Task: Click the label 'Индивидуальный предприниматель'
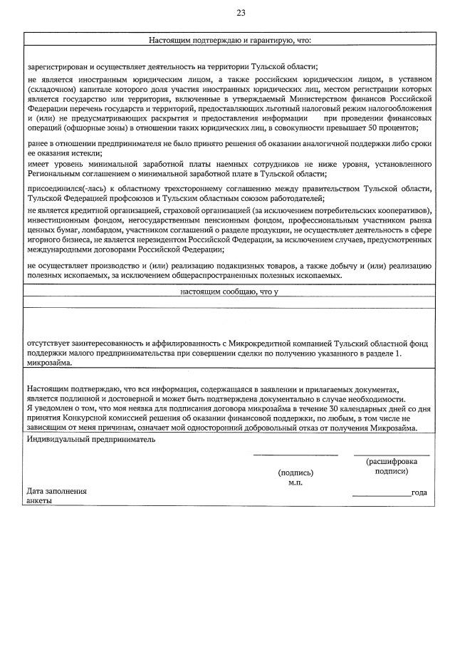(91, 440)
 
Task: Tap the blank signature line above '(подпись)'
(295, 454)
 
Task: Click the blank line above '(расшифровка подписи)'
(391, 454)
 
